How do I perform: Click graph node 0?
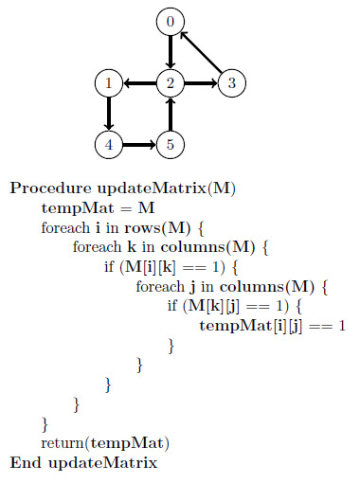(171, 22)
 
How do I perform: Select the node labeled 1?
(109, 83)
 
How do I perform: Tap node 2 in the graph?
(171, 83)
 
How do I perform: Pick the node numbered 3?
(232, 83)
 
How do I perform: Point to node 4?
(109, 145)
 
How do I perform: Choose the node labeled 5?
(171, 145)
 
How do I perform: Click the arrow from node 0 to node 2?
(171, 52)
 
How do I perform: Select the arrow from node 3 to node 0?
(201, 52)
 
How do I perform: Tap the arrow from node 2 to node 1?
(139, 83)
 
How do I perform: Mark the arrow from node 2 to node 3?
(201, 83)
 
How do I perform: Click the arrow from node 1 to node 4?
(109, 114)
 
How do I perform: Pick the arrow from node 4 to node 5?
(139, 145)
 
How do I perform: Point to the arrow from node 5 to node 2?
(171, 114)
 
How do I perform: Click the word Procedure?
(50, 188)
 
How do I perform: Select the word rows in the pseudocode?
(142, 228)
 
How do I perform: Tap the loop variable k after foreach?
(132, 247)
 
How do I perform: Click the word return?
(63, 443)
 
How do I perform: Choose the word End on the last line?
(26, 463)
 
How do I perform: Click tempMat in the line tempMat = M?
(78, 208)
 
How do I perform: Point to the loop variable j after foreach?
(192, 287)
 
